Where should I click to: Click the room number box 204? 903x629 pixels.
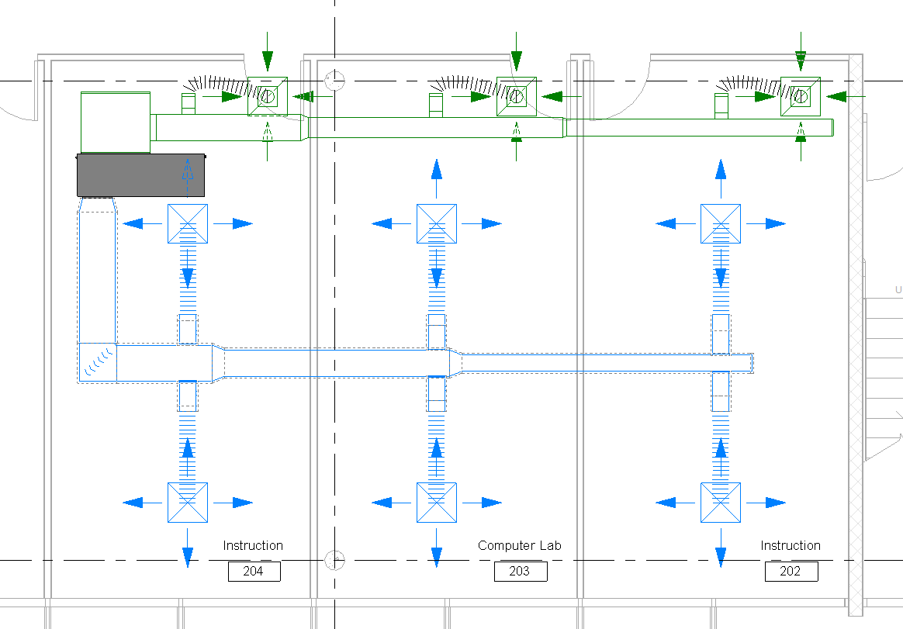pos(254,572)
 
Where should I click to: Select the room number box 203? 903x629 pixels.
pos(521,572)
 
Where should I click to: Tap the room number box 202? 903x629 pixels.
pos(791,572)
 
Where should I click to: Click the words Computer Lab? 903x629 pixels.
pos(519,546)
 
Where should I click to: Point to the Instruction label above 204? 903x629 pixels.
pos(253,546)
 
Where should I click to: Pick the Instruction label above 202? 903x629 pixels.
pos(790,546)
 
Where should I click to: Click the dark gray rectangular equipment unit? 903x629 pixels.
pos(141,175)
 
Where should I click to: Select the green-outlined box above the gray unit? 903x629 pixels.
pos(116,122)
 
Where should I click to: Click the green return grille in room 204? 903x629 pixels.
pos(268,96)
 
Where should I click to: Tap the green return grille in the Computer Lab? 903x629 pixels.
pos(516,96)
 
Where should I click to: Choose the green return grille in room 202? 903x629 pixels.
pos(801,96)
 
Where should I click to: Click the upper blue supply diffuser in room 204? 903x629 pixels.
pos(188,223)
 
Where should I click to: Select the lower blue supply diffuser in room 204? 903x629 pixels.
pos(188,503)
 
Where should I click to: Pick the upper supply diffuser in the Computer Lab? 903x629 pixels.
pos(437,223)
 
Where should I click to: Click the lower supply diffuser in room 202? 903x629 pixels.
pos(721,503)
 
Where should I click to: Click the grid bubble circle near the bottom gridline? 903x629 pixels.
pos(334,559)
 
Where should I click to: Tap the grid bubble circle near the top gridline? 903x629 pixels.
pos(334,79)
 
